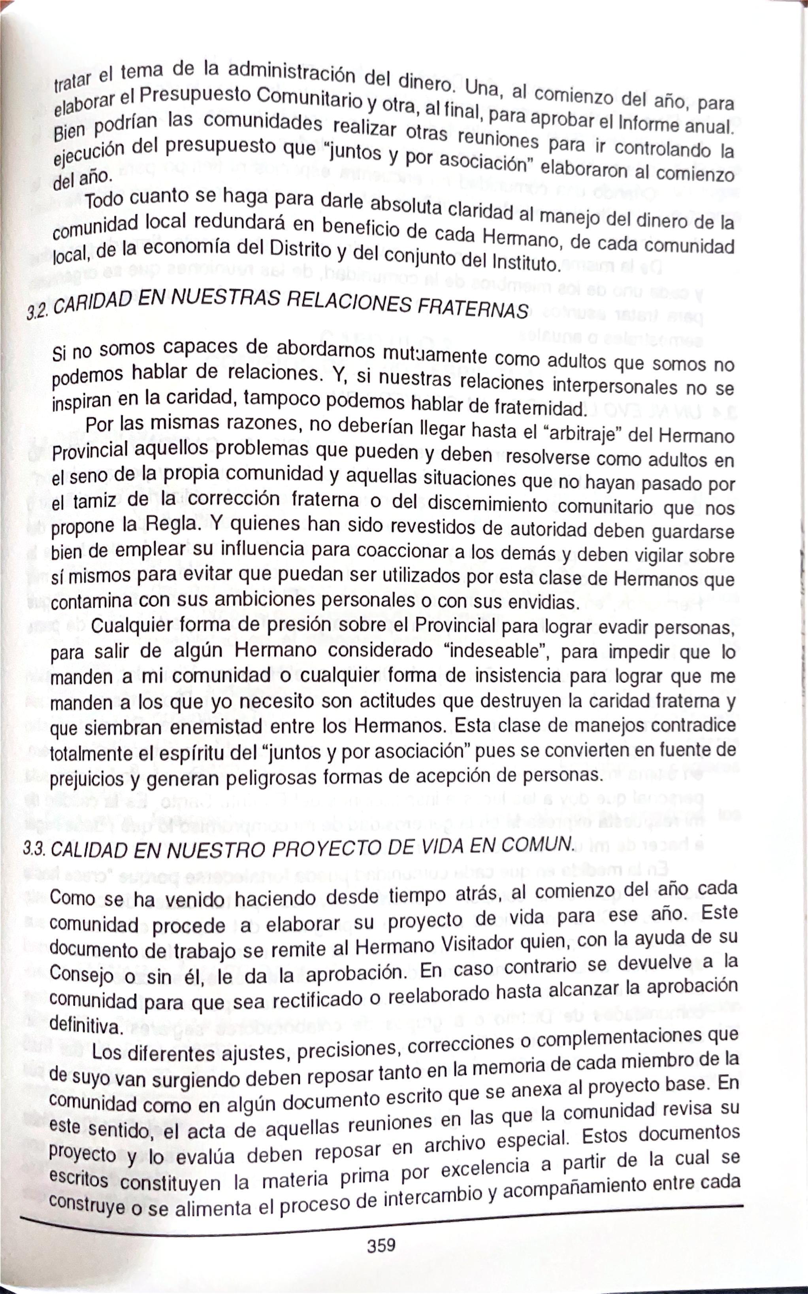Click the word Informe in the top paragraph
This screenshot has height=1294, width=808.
coord(647,125)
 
